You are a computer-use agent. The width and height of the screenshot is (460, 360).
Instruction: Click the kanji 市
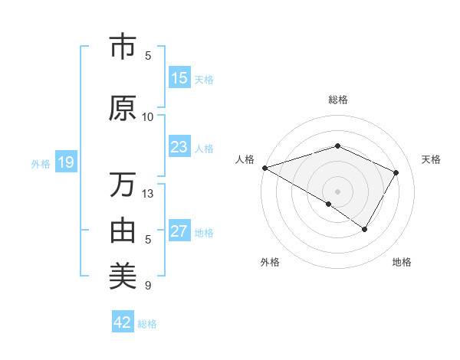click(123, 47)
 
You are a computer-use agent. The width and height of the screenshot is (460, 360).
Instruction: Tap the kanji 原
click(123, 109)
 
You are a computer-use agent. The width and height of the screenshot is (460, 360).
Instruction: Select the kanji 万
click(123, 185)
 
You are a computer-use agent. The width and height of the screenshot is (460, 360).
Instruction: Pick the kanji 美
click(123, 273)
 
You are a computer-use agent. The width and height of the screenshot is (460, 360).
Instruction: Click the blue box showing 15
click(179, 78)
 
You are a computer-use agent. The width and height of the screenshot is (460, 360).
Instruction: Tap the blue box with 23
click(179, 147)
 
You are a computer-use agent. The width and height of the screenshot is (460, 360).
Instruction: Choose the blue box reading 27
click(179, 231)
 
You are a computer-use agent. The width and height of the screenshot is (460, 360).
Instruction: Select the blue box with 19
click(65, 162)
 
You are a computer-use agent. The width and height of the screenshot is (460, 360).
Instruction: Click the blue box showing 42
click(122, 322)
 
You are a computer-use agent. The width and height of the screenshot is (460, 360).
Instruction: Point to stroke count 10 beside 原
click(148, 117)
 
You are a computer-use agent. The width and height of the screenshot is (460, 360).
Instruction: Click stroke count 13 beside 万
click(148, 194)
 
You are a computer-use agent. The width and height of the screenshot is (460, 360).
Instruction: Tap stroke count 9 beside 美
click(148, 286)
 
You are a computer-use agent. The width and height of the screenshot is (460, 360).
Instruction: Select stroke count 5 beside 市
click(148, 56)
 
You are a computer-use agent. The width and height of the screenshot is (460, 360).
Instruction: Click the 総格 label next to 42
click(147, 324)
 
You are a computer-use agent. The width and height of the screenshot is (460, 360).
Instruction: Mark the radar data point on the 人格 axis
click(264, 167)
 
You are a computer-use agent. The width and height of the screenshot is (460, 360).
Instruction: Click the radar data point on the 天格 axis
click(396, 173)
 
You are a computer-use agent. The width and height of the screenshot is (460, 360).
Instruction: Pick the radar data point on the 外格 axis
click(329, 204)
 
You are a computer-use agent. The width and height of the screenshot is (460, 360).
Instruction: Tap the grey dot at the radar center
click(337, 191)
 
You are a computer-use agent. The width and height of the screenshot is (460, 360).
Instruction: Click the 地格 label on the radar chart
click(402, 263)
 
